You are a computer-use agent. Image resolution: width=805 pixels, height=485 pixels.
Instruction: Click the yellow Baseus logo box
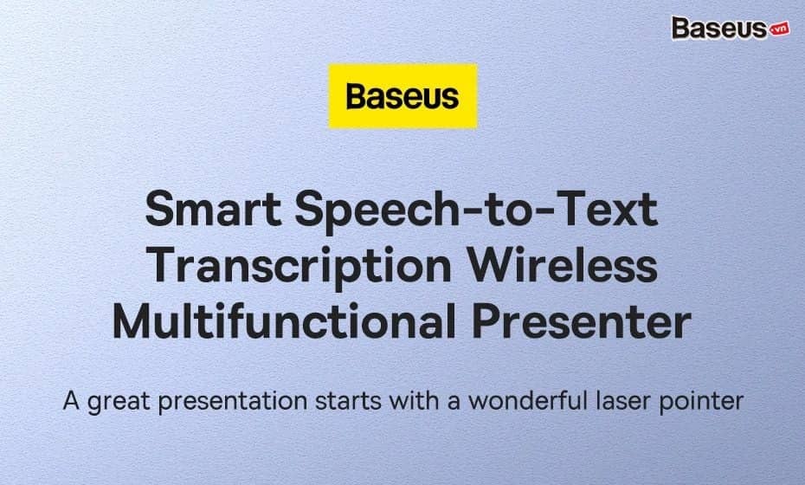(x=402, y=96)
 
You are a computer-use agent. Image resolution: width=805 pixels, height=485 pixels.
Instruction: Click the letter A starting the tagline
(x=69, y=402)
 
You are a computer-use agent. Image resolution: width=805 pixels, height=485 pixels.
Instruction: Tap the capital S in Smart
(x=160, y=210)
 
